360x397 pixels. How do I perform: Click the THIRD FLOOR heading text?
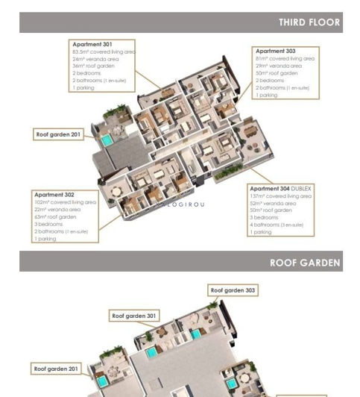(x=309, y=22)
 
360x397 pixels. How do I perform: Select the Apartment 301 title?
(x=92, y=44)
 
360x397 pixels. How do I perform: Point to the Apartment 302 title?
(x=54, y=194)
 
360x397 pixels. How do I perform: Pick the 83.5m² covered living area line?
(x=104, y=51)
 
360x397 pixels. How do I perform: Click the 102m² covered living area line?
(x=65, y=201)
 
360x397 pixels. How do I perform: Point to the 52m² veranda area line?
(x=271, y=203)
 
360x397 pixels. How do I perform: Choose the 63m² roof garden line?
(x=55, y=216)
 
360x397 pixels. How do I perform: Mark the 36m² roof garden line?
(x=94, y=66)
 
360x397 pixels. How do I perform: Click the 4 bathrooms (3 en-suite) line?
(x=277, y=225)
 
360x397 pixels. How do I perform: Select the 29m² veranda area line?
(x=277, y=66)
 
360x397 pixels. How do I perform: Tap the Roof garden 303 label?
(x=233, y=290)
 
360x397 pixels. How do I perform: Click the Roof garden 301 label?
(x=134, y=316)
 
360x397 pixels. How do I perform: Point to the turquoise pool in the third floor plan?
(x=107, y=140)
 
